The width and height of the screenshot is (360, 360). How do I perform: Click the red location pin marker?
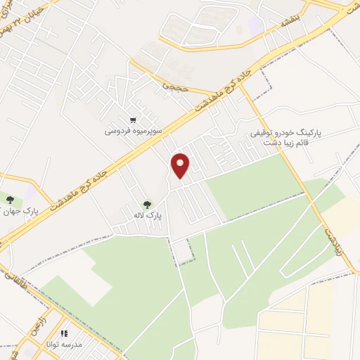point(181,165)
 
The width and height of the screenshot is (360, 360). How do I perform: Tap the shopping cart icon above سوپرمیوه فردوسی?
point(133,121)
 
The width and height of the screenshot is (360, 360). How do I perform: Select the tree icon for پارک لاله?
point(147,205)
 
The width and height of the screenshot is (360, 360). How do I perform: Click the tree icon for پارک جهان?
point(10,200)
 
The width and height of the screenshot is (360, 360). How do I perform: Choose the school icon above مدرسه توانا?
point(64,334)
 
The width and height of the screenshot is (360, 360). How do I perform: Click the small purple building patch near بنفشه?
point(255,25)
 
